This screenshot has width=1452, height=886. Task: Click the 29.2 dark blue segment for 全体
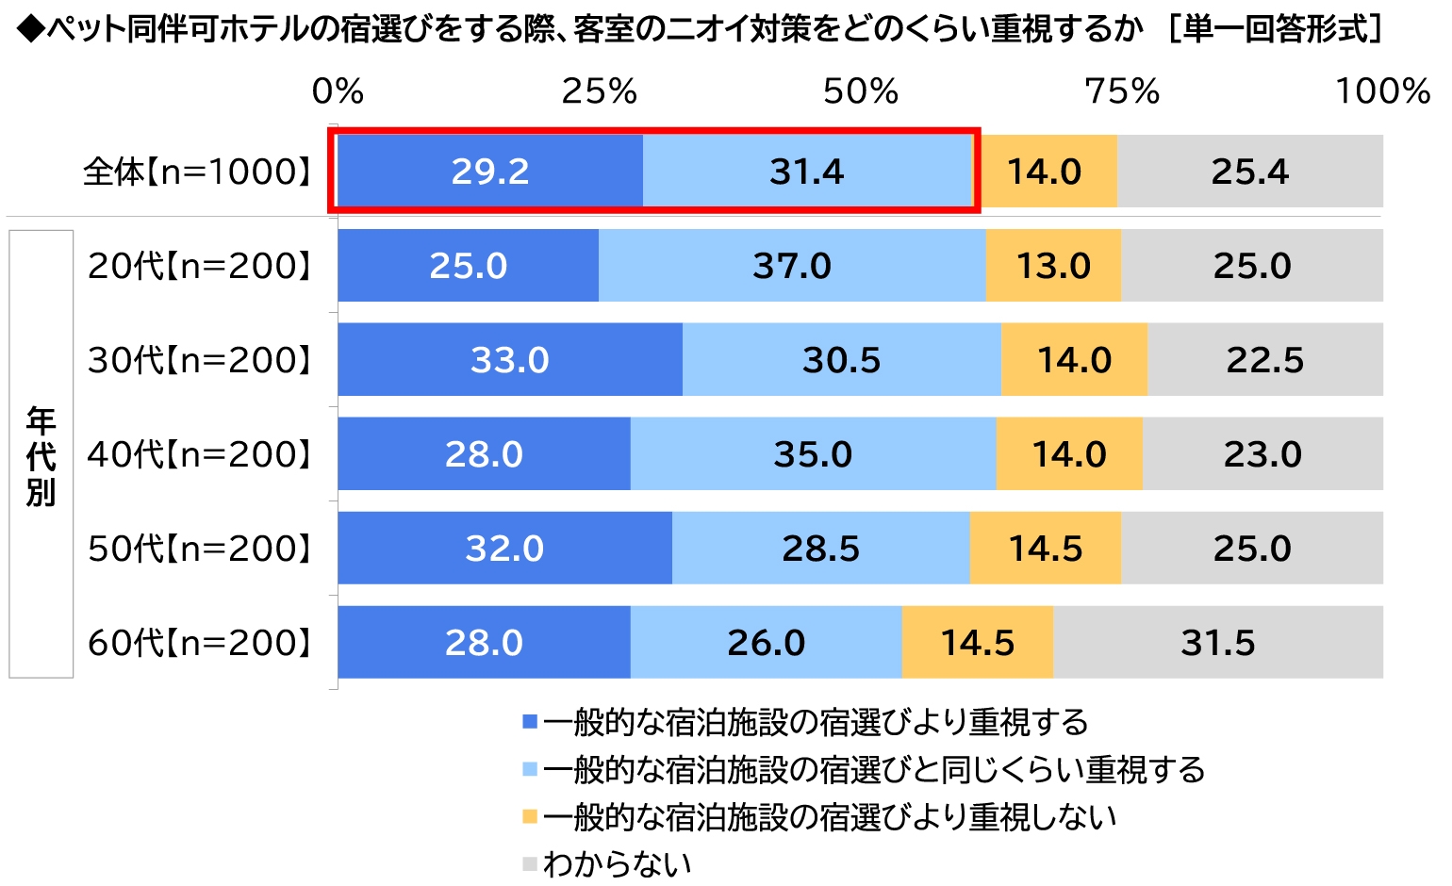click(490, 172)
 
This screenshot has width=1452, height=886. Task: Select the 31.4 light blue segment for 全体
click(807, 172)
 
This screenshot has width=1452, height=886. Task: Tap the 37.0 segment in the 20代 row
click(792, 266)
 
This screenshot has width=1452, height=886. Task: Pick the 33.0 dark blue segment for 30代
click(510, 360)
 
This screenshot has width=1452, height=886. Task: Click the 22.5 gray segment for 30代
click(1264, 360)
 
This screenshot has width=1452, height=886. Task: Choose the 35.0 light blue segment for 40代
click(813, 454)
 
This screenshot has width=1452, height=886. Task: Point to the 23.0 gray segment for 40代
click(1262, 454)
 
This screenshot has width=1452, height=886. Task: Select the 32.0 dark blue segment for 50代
click(504, 549)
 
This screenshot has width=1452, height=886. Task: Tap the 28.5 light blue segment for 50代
click(820, 549)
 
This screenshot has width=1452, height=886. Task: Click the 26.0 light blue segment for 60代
click(766, 643)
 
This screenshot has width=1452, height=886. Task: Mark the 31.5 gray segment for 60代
click(1217, 643)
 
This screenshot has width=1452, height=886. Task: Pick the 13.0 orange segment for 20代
click(1053, 266)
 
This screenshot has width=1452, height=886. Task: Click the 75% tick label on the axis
click(1121, 91)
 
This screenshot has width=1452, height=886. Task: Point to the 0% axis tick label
click(338, 91)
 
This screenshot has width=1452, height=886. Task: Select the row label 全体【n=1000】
click(197, 172)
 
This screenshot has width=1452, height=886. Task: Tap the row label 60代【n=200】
click(199, 643)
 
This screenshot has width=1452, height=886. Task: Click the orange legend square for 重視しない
click(530, 816)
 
